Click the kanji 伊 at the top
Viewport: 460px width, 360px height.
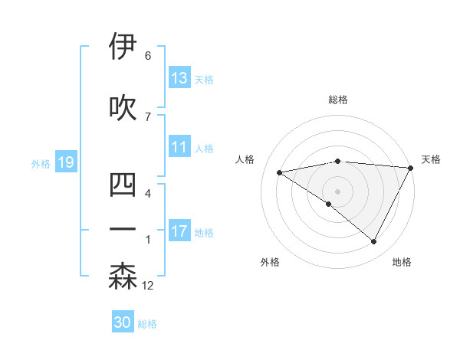[123, 47]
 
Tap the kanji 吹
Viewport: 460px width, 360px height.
[123, 106]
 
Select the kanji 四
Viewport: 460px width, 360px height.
[123, 185]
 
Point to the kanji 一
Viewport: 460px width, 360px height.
[123, 229]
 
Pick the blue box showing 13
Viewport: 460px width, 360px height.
[179, 78]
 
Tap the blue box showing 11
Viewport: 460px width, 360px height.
[179, 148]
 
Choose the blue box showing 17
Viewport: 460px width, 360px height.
[179, 231]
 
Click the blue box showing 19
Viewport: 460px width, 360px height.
[65, 162]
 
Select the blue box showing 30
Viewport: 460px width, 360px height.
[123, 322]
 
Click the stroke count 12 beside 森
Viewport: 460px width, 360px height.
[148, 286]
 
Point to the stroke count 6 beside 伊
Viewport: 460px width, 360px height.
[148, 56]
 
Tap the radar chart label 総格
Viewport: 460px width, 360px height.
[338, 100]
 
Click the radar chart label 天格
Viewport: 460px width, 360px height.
[431, 159]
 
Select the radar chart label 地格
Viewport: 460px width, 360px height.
[402, 262]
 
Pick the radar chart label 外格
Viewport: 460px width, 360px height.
[270, 262]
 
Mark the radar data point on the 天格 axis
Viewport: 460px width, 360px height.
[411, 168]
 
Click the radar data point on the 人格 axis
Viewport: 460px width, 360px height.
[280, 172]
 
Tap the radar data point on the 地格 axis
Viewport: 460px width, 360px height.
[374, 241]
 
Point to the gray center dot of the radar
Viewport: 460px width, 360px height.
[337, 191]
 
